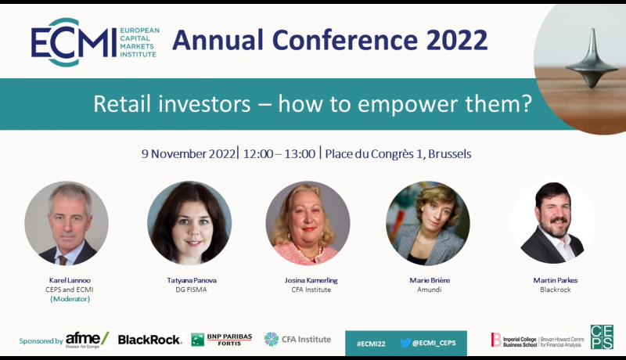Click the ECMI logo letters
74,42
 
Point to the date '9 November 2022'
189,153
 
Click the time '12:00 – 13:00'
279,153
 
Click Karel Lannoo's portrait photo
67,223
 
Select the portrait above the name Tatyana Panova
189,223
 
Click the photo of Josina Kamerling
308,223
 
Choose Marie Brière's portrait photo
428,223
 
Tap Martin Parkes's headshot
554,222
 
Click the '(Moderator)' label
70,299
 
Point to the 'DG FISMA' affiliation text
191,290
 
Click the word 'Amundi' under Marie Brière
429,290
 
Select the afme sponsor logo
87,340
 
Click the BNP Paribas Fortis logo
221,340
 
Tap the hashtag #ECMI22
371,344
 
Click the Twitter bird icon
405,343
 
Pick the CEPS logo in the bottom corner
602,337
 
